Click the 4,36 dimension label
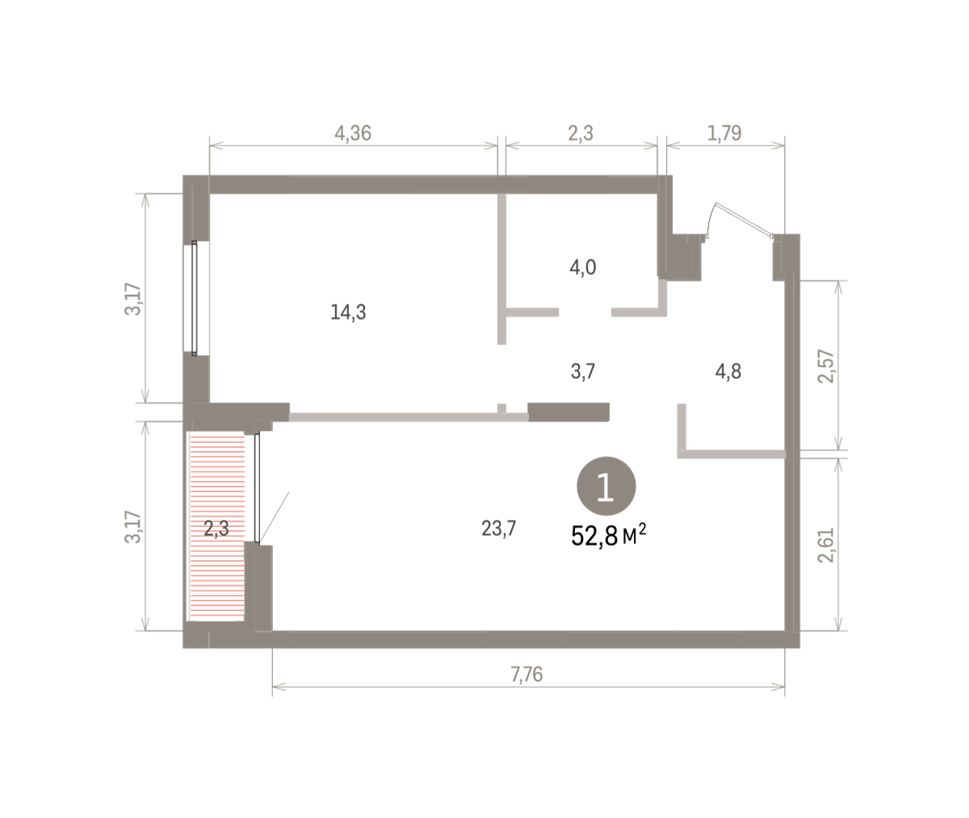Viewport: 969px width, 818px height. tap(353, 133)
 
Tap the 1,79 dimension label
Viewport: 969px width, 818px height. tap(724, 133)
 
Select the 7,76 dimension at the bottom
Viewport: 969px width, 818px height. tap(526, 674)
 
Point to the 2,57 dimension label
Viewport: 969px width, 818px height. tap(825, 366)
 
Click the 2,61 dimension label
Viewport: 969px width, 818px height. tap(825, 546)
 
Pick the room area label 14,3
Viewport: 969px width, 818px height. tap(348, 312)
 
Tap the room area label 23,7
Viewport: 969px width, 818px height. tap(498, 529)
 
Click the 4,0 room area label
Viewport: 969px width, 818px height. tap(583, 268)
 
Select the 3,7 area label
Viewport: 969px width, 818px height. tap(583, 372)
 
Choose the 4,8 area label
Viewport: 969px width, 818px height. tap(728, 372)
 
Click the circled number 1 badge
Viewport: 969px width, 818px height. tap(606, 486)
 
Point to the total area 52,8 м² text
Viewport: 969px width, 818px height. tap(608, 536)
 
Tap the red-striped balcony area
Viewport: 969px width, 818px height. tap(216, 526)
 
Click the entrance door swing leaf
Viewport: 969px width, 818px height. tap(744, 220)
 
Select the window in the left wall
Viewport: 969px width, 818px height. tap(195, 298)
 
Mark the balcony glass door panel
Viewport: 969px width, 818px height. tap(257, 487)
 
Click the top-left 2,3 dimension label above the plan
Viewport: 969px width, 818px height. tap(581, 133)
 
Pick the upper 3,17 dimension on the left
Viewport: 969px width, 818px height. tap(132, 299)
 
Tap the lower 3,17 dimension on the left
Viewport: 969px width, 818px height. tap(132, 527)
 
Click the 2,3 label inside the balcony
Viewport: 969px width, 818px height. tap(216, 529)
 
